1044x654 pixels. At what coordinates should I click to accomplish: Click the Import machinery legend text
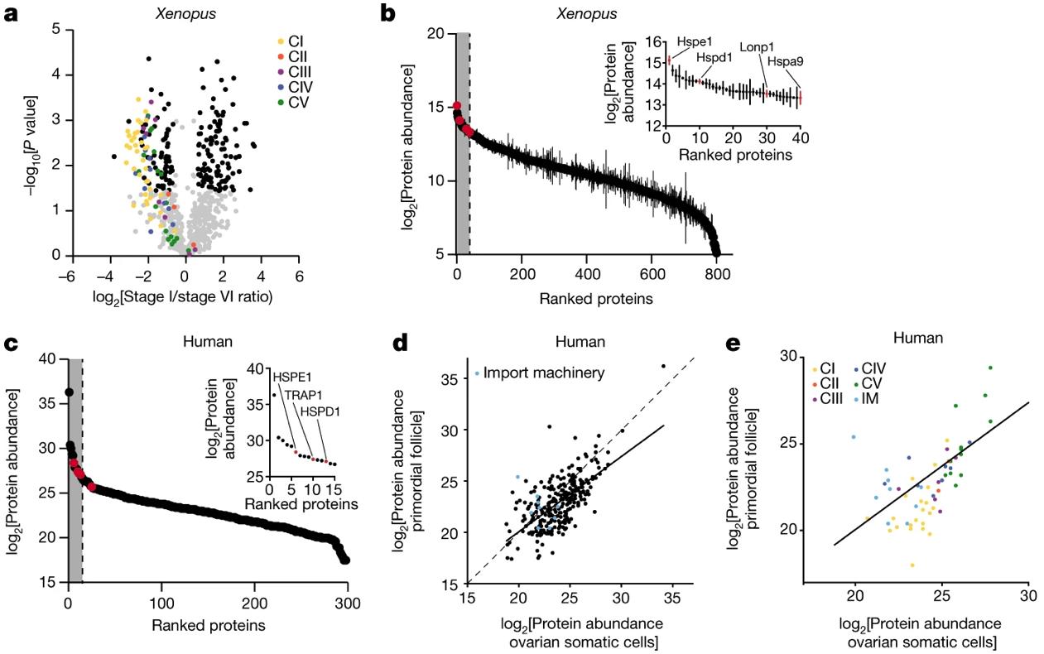(545, 373)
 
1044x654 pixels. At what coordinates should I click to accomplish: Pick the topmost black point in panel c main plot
(70, 392)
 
